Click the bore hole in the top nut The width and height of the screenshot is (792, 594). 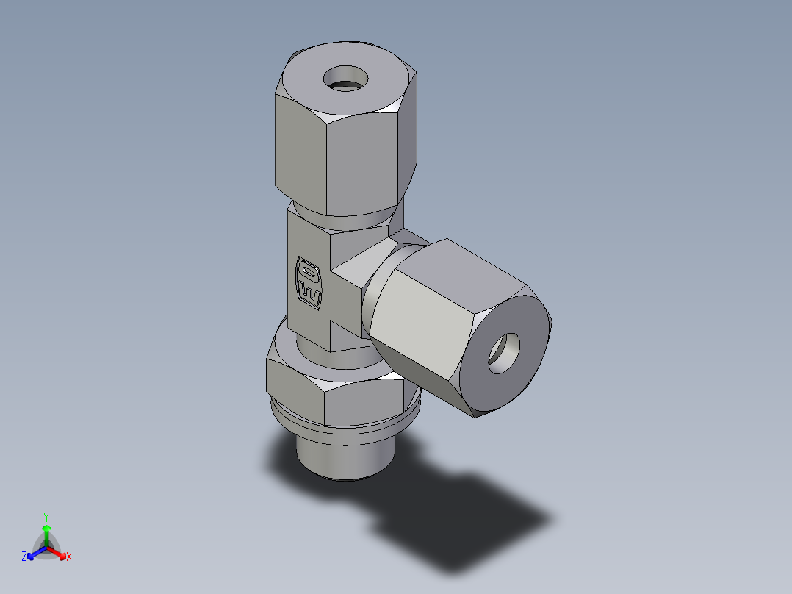coord(345,78)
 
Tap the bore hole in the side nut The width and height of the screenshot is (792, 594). coord(505,351)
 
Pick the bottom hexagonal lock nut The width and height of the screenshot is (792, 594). coord(334,393)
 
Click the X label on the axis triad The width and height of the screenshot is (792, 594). coord(69,557)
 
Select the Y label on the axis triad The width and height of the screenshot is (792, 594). coord(46,517)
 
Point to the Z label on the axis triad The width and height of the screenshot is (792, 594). coord(24,557)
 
